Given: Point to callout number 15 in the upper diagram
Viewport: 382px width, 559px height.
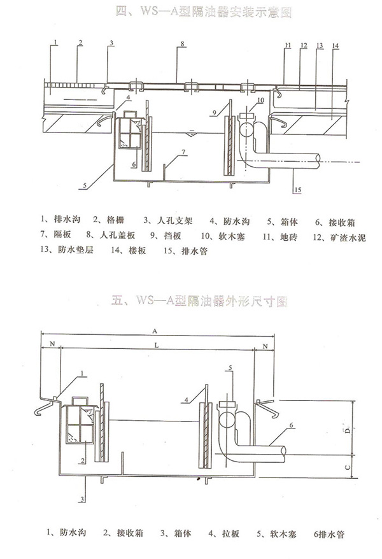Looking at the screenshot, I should point(297,189).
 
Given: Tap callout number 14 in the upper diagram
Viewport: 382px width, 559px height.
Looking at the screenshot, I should point(336,45).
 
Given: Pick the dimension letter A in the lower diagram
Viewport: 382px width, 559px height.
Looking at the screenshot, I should point(155,330).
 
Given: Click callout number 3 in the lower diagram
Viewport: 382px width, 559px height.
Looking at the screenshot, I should point(83,498).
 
